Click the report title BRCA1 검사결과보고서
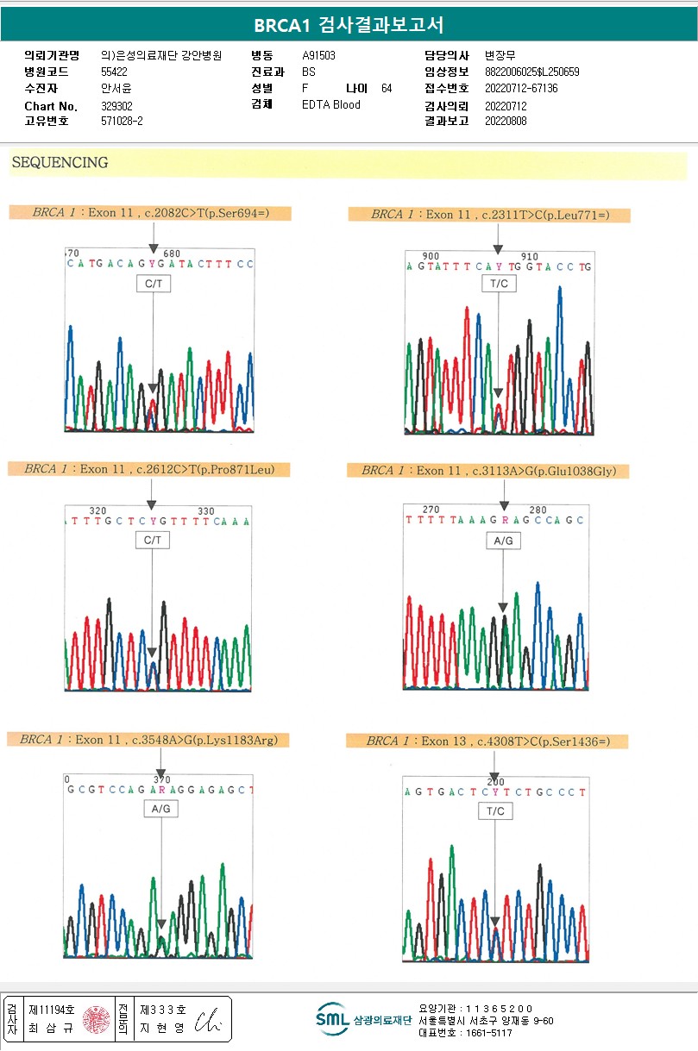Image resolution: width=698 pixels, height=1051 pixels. (349, 25)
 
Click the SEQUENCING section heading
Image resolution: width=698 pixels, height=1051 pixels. (60, 163)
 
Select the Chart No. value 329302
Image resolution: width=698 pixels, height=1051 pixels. (116, 106)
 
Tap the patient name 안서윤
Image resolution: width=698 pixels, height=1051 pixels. (114, 87)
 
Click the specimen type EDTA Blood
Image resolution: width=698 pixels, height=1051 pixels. (331, 104)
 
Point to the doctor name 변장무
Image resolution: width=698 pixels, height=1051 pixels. (500, 55)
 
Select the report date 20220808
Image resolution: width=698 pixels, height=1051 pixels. (506, 121)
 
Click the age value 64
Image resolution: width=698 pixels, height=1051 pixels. (387, 88)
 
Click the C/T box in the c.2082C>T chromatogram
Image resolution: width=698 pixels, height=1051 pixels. (153, 283)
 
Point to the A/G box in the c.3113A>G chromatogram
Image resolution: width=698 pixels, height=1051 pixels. (503, 541)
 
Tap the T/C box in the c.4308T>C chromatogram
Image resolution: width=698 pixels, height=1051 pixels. (495, 811)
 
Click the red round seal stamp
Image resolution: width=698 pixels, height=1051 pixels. (96, 1019)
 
